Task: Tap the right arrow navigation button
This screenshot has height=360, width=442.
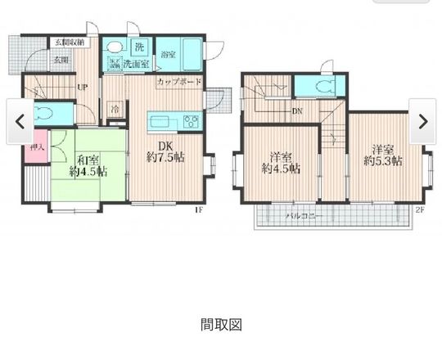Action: click(x=422, y=121)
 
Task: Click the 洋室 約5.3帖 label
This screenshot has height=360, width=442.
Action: click(x=384, y=155)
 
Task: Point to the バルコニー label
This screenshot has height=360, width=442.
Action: click(x=304, y=217)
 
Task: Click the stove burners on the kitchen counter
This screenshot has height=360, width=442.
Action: click(x=192, y=124)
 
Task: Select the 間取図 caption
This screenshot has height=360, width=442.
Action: click(x=221, y=325)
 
